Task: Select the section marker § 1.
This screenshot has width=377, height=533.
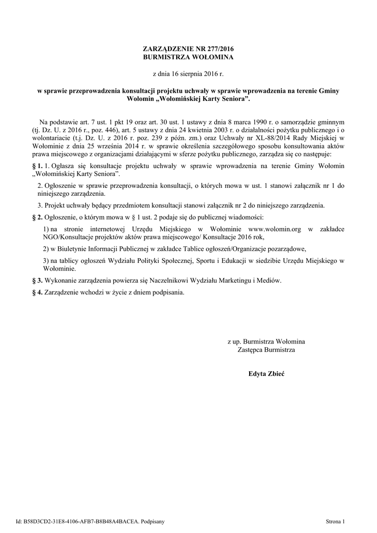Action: pos(37,165)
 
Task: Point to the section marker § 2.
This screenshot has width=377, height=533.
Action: pos(37,216)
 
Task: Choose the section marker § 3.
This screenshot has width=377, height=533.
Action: pos(37,281)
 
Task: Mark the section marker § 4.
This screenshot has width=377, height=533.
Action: pos(37,293)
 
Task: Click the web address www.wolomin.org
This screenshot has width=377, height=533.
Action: pos(276,229)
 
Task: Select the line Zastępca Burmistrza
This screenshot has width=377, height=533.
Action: pos(266,350)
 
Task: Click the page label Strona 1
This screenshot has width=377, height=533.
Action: pos(335,520)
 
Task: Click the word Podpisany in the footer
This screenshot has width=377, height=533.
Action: pos(153,520)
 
